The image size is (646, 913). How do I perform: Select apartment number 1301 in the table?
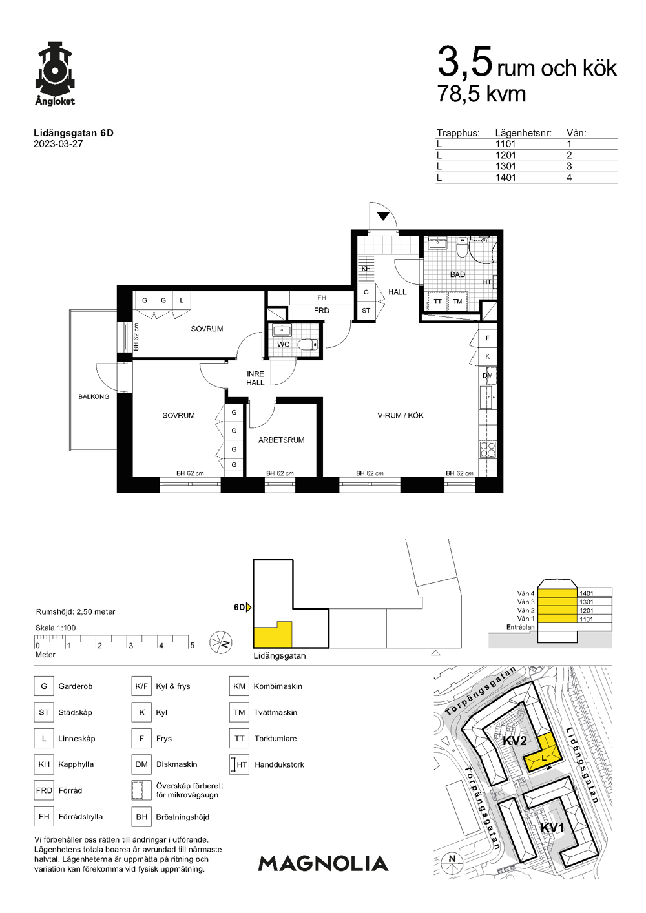pos(505,167)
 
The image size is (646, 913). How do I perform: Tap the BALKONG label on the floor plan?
pos(94,396)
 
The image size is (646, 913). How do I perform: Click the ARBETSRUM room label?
pos(282,440)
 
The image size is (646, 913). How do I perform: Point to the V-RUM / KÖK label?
pos(401,416)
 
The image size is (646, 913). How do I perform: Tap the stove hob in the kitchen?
pos(488,449)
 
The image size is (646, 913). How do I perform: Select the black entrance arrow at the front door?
pos(383,216)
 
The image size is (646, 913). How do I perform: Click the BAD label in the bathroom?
pos(457,274)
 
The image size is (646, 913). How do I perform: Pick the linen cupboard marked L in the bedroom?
pos(182,300)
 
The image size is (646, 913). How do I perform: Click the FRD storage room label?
pos(322,311)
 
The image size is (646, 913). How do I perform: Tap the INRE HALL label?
pos(255,378)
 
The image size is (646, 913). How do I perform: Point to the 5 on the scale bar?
pos(192,645)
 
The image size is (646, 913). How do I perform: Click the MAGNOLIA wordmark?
pos(323,864)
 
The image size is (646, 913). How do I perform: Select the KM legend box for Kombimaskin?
pos(239,686)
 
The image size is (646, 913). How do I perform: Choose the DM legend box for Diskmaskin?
pos(141,764)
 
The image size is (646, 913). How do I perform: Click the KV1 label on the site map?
pos(552,828)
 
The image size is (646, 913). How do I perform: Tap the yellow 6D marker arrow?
pos(248,608)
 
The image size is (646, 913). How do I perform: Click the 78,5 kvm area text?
pos(482,94)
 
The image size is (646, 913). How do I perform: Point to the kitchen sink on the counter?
pos(486,396)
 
